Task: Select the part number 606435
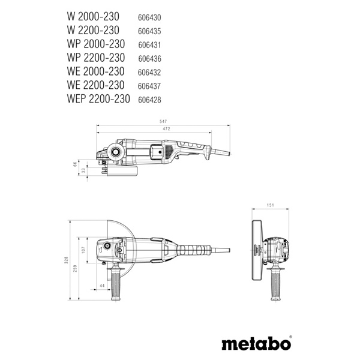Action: point(149,31)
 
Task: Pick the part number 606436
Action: point(150,58)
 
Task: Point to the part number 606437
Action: point(150,86)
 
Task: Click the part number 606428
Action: point(150,100)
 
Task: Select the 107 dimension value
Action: point(83,249)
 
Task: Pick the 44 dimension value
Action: point(103,285)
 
